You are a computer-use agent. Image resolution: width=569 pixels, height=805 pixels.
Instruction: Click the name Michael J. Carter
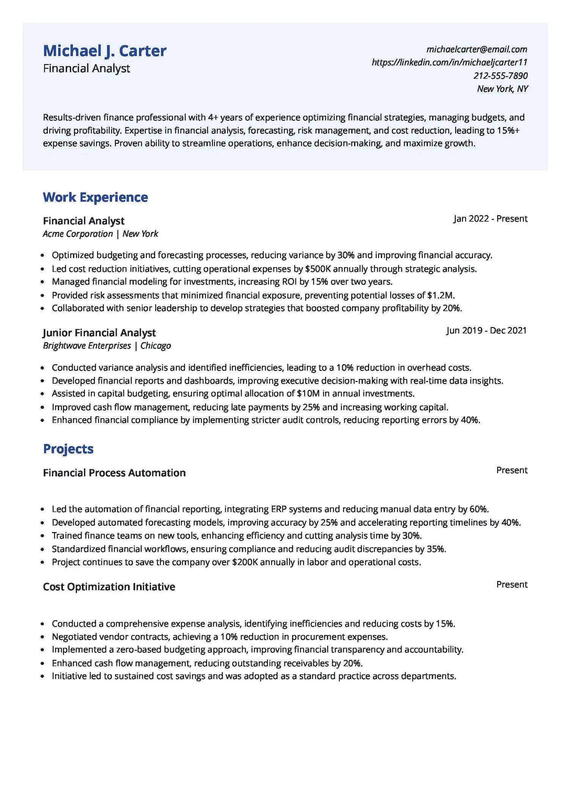105,51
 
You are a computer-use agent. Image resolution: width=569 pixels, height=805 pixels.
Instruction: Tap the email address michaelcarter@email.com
476,49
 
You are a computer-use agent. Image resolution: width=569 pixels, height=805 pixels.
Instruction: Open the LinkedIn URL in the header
449,62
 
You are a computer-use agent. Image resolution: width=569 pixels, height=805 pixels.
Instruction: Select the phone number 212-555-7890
500,76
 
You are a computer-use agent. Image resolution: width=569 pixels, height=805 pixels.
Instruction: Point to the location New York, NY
502,89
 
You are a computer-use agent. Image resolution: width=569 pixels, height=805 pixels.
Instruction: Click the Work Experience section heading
95,197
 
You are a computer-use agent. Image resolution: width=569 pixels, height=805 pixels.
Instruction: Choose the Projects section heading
68,449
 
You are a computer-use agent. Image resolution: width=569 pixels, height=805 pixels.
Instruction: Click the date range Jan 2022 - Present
490,219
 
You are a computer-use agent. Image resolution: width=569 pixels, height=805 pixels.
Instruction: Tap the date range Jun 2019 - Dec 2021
486,331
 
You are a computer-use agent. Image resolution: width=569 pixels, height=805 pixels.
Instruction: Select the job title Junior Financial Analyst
99,333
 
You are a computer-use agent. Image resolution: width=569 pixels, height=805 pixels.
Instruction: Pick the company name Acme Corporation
78,234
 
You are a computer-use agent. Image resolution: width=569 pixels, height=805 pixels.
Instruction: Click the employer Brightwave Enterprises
87,346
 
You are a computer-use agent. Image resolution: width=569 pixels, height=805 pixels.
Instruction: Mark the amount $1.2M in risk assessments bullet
440,295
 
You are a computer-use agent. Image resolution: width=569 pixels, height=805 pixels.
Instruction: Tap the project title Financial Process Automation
114,473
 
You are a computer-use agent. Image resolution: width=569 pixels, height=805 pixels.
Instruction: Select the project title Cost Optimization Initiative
109,587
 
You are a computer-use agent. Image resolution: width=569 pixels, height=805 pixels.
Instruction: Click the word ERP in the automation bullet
278,509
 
